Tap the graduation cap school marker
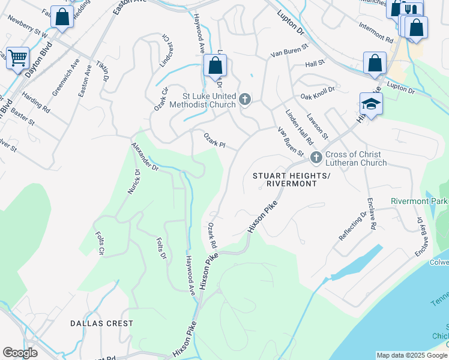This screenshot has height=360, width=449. coord(371,104)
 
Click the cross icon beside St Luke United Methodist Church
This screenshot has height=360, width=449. coord(244,100)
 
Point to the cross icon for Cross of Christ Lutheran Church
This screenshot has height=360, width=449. coord(316,158)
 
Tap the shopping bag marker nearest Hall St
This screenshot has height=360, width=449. coord(375,62)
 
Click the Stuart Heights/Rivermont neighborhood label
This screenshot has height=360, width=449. coord(291,179)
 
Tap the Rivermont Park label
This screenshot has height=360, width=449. coord(419,201)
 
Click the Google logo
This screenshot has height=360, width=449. coord(20,353)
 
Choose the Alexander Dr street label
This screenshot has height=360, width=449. coord(145,158)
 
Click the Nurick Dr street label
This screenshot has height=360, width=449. coord(133,181)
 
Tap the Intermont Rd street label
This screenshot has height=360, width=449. coord(376,32)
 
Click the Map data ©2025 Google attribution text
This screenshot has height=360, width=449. coord(412,355)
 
